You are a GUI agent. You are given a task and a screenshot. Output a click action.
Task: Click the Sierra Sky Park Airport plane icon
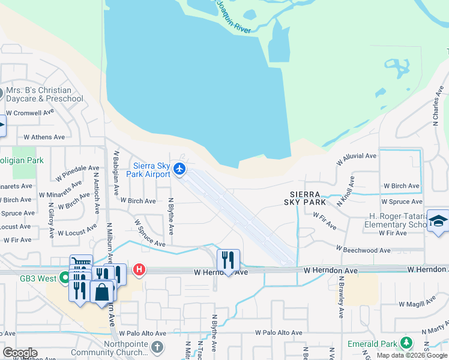tap(179, 170)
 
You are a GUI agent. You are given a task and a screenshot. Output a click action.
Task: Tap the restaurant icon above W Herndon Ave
tap(228, 260)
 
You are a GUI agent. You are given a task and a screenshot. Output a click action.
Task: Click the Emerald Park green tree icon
tap(406, 343)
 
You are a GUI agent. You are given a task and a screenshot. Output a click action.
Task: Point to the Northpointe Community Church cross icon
tap(157, 347)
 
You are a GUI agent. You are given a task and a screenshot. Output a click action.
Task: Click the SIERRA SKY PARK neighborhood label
tap(307, 199)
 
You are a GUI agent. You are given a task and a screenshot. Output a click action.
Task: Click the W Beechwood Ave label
tap(363, 250)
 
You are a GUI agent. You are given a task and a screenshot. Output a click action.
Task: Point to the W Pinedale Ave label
tap(77, 173)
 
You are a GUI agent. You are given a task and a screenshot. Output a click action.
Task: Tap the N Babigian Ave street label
tap(115, 173)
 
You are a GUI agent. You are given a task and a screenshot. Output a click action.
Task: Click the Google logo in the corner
tap(19, 353)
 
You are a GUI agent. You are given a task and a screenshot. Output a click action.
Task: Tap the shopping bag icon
tap(103, 293)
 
